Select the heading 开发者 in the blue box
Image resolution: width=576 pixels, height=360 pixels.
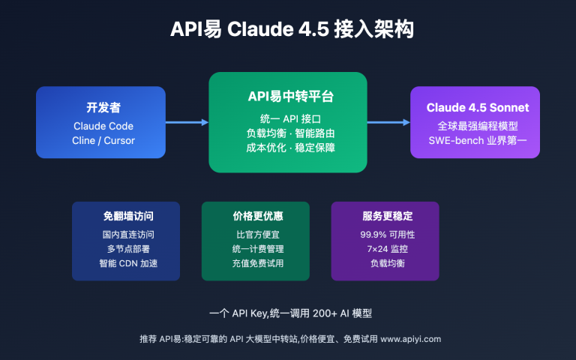pyautogui.click(x=100, y=107)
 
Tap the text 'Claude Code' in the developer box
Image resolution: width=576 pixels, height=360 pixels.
pyautogui.click(x=100, y=125)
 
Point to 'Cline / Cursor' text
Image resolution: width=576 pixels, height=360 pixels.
pyautogui.click(x=100, y=140)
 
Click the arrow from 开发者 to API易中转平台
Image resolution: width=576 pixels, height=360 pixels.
pyautogui.click(x=186, y=122)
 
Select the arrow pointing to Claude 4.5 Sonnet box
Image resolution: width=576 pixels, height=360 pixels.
pyautogui.click(x=388, y=122)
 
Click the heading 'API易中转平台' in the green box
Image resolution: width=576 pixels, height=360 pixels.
pyautogui.click(x=287, y=97)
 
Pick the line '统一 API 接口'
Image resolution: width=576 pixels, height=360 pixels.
pyautogui.click(x=287, y=118)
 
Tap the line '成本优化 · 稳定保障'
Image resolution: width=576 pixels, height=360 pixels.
pyautogui.click(x=287, y=148)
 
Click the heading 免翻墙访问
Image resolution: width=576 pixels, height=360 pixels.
pyautogui.click(x=126, y=216)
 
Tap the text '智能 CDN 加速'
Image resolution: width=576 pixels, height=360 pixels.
pyautogui.click(x=126, y=263)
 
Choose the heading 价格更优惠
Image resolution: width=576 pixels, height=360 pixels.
pyautogui.click(x=255, y=216)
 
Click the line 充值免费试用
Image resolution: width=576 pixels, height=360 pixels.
pyautogui.click(x=255, y=263)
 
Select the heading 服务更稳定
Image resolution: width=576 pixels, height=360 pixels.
pyautogui.click(x=385, y=216)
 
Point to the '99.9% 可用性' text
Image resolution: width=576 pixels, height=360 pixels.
pyautogui.click(x=385, y=234)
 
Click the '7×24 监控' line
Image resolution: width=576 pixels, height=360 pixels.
pyautogui.click(x=385, y=248)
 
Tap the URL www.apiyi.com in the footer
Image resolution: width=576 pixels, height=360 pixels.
pyautogui.click(x=410, y=339)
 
